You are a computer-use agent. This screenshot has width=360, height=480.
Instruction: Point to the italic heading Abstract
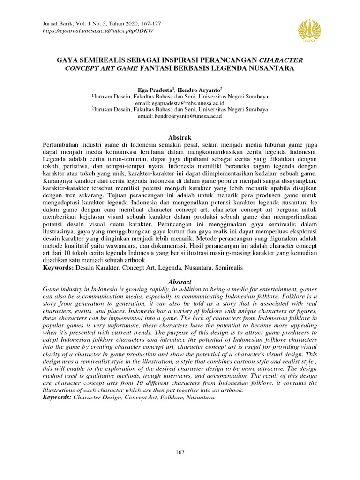[x=180, y=282]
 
